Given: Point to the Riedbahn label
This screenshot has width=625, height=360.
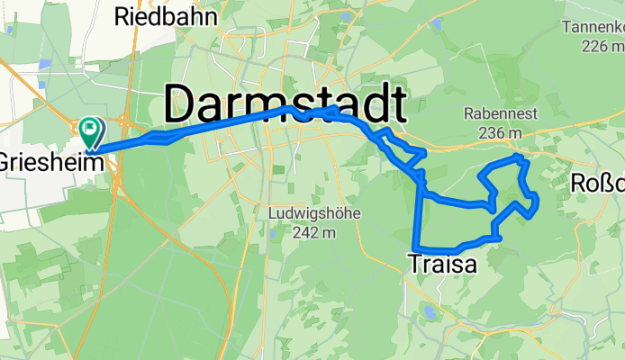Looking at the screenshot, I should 156,16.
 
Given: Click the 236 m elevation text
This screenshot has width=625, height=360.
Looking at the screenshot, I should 501,133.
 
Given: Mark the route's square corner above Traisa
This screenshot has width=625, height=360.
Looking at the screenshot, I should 415,247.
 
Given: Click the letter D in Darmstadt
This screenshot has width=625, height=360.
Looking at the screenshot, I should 185,104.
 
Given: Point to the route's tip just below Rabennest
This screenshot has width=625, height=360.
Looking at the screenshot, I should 518,157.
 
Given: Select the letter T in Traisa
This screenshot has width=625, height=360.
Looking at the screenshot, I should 413,264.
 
